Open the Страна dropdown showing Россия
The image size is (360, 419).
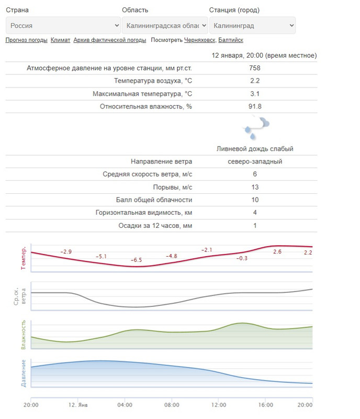63,25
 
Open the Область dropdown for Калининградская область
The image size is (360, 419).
164,25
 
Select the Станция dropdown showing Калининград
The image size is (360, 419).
252,25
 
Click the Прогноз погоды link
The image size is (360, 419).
26,40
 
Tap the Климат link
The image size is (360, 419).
60,40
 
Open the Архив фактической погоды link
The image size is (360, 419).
110,40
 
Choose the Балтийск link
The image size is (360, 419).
230,40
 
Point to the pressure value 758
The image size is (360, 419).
255,68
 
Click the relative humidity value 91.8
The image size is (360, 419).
255,106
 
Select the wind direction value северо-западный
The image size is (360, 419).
255,161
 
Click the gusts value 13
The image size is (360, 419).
255,187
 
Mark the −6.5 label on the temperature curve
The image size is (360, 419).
136,260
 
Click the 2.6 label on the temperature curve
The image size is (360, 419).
277,252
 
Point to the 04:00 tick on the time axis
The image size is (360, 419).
125,405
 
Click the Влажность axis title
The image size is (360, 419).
24,336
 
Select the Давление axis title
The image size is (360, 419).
24,373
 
